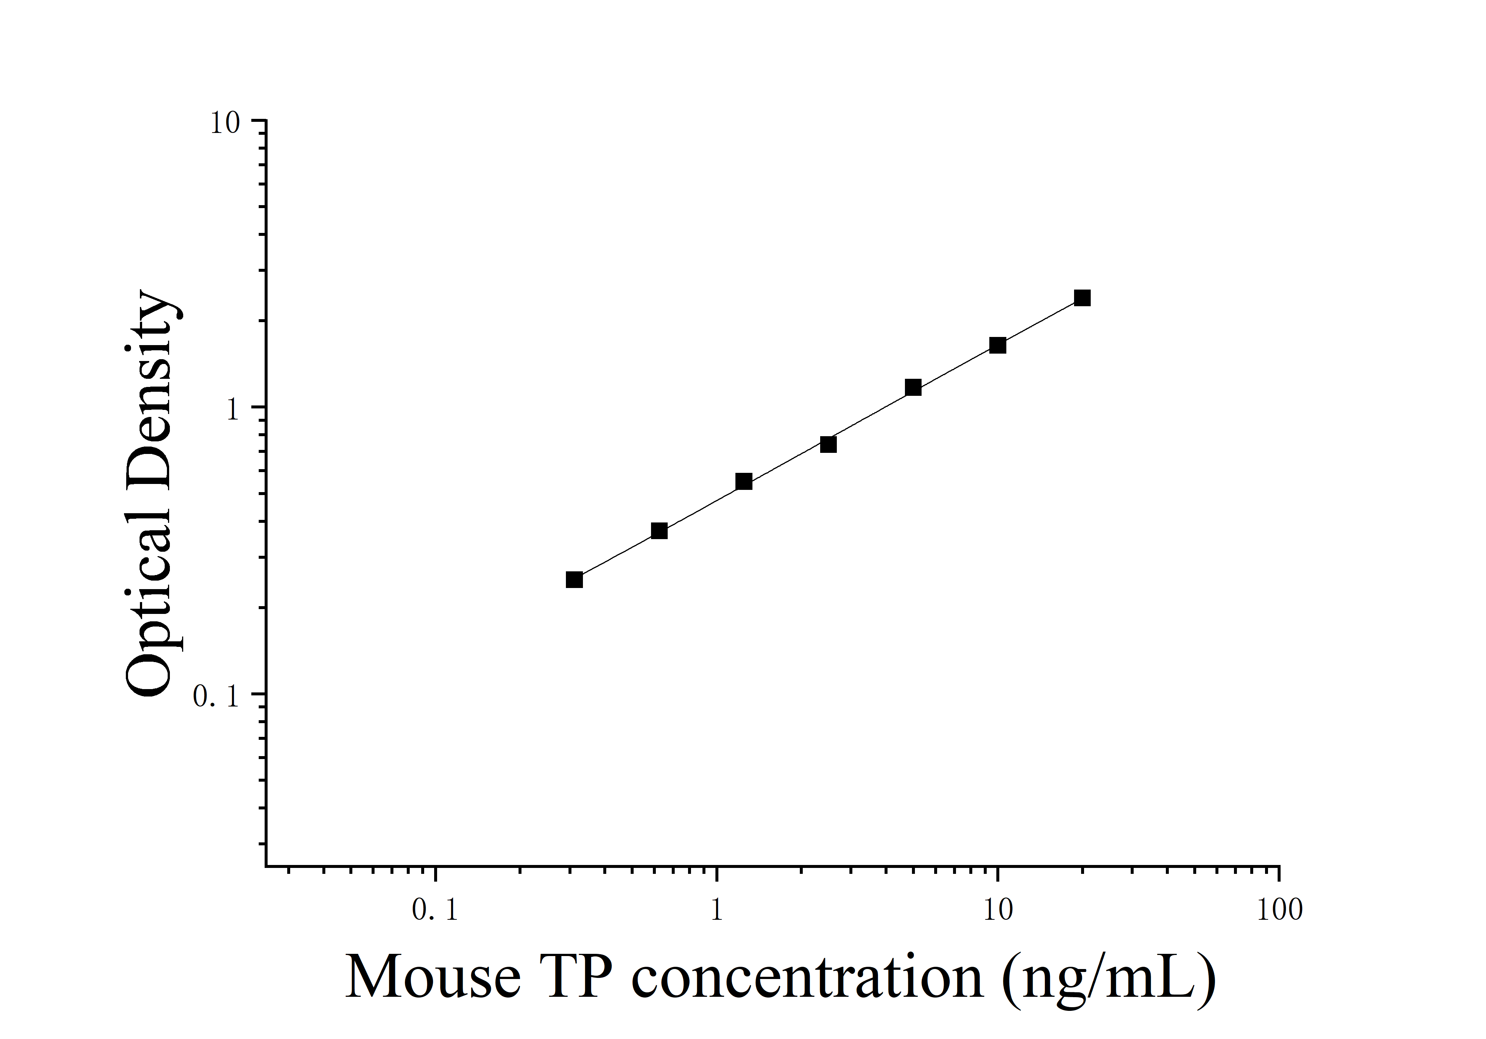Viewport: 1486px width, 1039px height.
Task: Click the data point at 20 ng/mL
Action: pos(1082,298)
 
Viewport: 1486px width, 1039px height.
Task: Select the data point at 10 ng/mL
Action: pos(998,345)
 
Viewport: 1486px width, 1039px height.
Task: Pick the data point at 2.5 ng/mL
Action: pos(828,444)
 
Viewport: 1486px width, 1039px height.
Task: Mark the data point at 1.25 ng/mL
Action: pos(744,482)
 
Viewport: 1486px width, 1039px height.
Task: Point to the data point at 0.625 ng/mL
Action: pos(660,531)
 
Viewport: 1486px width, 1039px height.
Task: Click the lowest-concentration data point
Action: pos(574,579)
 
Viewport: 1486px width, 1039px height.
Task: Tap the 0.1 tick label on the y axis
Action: pos(216,696)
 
